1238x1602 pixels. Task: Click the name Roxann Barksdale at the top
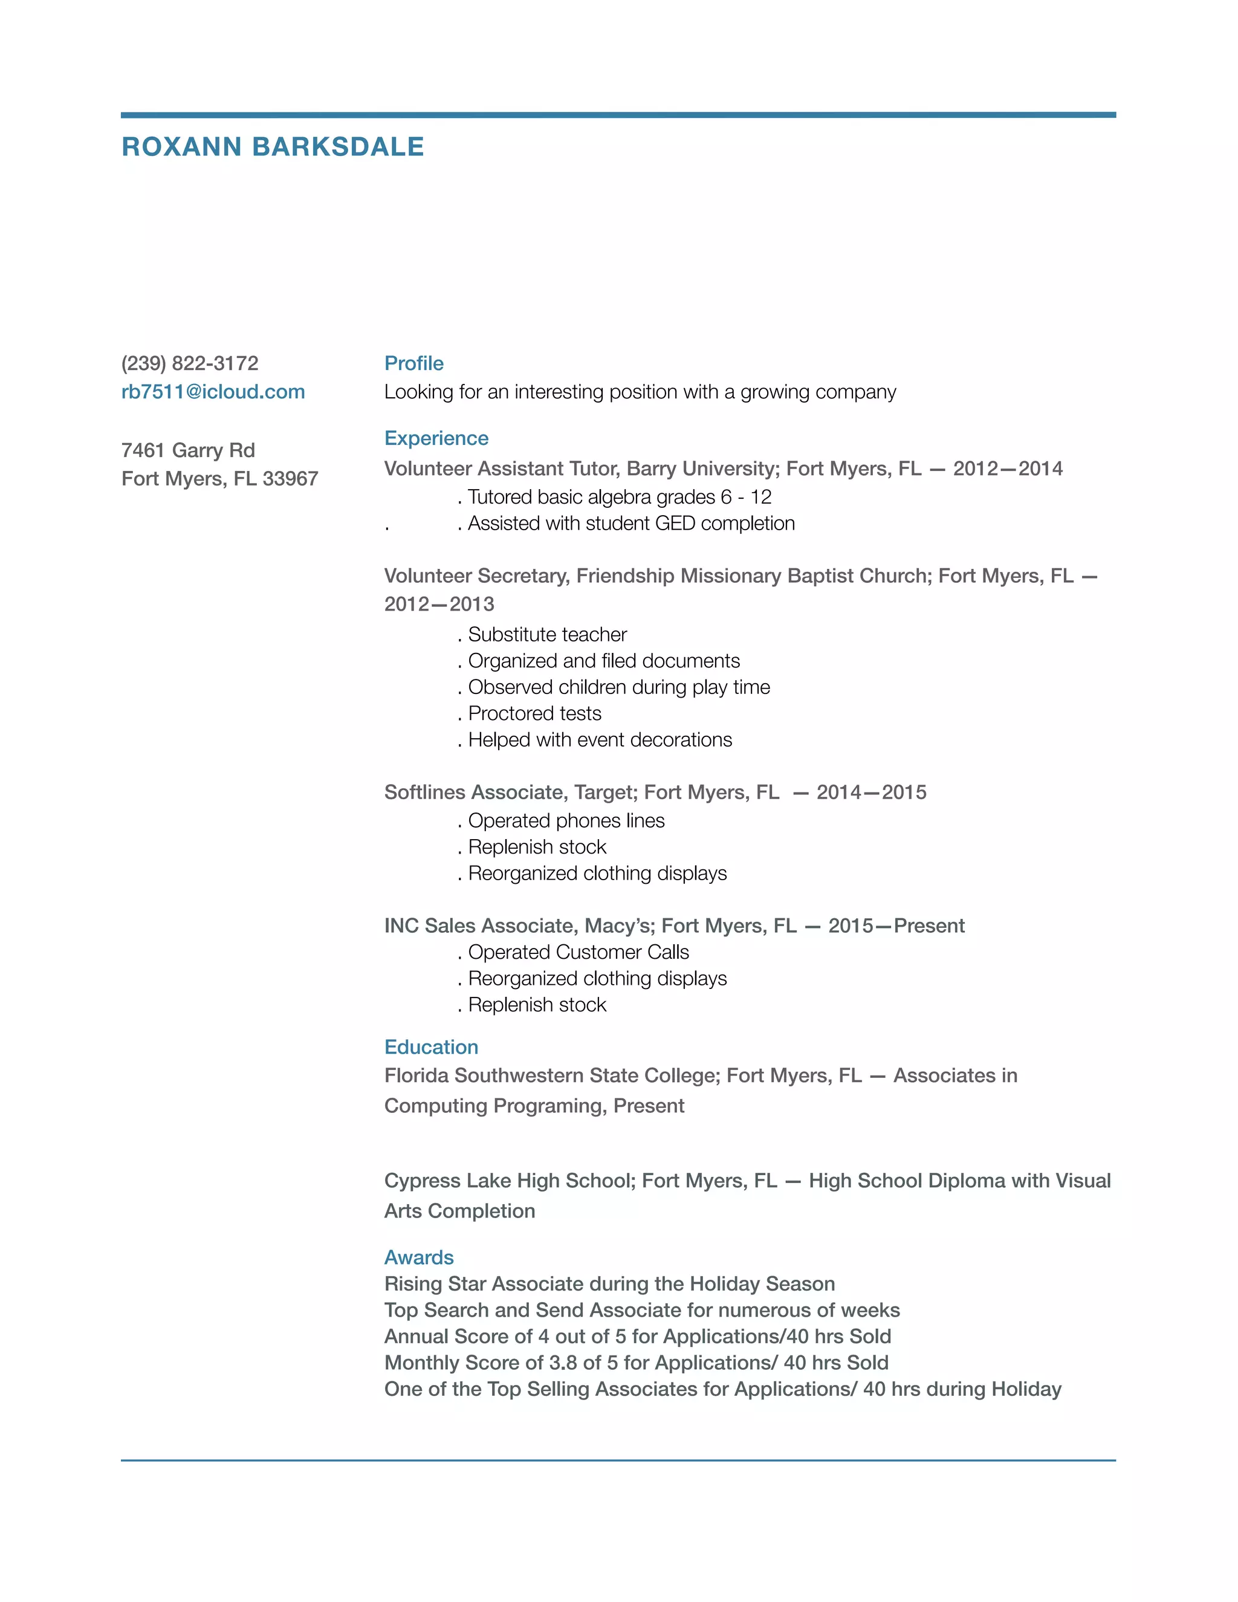pos(272,147)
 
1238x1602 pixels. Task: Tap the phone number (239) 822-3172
pos(190,363)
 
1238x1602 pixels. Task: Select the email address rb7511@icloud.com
pos(213,392)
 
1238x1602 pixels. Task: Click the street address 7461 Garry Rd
pos(188,450)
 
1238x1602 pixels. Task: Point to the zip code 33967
pos(290,478)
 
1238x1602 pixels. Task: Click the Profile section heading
pos(413,363)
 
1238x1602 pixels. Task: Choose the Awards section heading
pos(419,1257)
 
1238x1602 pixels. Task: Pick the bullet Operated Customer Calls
pos(578,952)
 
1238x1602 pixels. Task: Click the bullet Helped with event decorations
pos(600,739)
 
